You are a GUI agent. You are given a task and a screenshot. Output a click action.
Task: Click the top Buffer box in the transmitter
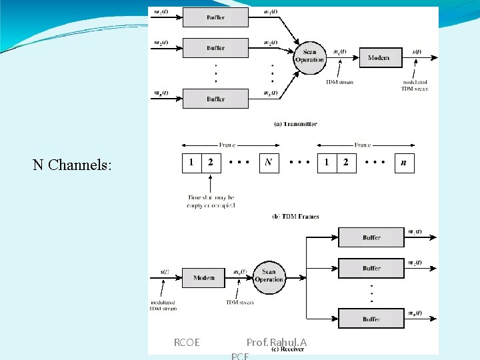[215, 17]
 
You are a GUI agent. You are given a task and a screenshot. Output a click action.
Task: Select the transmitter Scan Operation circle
[309, 56]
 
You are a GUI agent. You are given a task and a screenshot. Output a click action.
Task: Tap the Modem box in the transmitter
[380, 58]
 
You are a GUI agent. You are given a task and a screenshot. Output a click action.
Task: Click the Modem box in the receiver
[203, 277]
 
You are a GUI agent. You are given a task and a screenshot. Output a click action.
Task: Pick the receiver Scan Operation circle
[269, 276]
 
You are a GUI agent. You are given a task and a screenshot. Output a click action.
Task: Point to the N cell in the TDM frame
[268, 163]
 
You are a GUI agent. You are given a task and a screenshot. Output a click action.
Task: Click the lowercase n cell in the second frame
[404, 163]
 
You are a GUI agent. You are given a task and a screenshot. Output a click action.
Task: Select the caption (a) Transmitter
[296, 124]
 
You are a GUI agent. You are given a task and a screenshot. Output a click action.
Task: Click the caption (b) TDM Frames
[295, 216]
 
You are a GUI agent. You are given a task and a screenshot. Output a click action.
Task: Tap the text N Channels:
[72, 165]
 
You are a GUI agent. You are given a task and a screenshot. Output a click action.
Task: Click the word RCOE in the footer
[187, 343]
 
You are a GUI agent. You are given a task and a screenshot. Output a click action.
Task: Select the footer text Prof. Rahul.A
[277, 343]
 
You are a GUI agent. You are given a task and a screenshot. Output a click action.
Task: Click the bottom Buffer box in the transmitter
[215, 99]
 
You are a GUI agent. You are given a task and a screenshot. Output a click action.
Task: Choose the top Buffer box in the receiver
[371, 237]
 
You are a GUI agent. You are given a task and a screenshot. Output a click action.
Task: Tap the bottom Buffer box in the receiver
[371, 319]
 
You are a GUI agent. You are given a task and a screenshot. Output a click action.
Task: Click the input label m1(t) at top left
[161, 11]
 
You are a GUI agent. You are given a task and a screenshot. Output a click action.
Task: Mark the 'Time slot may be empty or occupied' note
[211, 201]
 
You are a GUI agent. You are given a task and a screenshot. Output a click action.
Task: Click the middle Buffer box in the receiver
[371, 268]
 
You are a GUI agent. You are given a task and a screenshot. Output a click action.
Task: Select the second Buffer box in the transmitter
[215, 48]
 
